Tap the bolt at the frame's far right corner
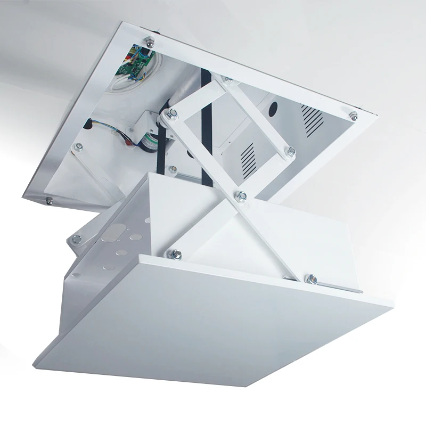(x=352, y=115)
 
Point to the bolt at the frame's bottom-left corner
(x=49, y=201)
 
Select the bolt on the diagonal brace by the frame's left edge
(x=79, y=148)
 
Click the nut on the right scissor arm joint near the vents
(x=291, y=152)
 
